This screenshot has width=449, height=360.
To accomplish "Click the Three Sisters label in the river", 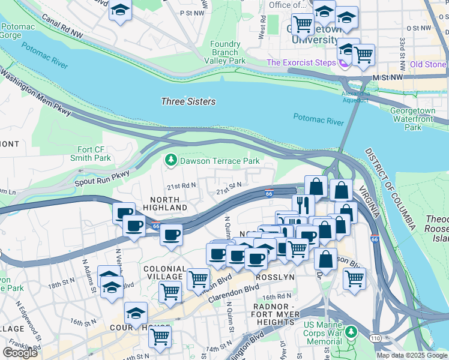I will tap(188, 101).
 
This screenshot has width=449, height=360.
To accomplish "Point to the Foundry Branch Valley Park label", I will tap(225, 52).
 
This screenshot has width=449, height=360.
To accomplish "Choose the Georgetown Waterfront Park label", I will tap(418, 119).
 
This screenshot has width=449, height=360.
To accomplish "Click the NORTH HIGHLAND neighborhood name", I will tap(165, 203).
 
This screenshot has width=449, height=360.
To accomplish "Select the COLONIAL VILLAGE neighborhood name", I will tap(163, 272).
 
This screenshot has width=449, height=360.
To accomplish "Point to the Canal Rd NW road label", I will tap(62, 28).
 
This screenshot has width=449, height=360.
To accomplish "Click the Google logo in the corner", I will tap(20, 353).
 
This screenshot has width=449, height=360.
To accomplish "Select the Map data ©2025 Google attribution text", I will tap(411, 355).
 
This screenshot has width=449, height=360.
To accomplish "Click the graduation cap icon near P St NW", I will tap(121, 11).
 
